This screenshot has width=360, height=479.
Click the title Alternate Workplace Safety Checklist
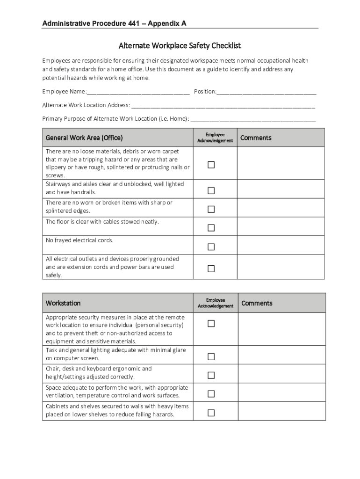(180, 46)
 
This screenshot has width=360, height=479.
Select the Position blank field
(266, 92)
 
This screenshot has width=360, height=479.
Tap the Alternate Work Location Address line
(223, 105)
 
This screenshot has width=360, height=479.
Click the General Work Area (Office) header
(84, 138)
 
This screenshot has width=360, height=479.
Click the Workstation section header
(63, 303)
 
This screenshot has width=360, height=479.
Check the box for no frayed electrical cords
(211, 247)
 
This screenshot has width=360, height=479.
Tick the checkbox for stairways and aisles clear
(211, 190)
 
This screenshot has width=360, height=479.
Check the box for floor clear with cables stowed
(211, 228)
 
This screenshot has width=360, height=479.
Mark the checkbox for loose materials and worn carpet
(211, 165)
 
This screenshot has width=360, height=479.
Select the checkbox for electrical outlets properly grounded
(211, 269)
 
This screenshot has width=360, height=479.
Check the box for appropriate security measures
(211, 324)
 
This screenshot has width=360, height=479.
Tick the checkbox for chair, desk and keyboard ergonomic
(211, 375)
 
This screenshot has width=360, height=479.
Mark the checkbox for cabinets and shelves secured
(211, 413)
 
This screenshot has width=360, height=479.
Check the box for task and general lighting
(211, 357)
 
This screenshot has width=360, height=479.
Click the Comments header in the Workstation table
(257, 303)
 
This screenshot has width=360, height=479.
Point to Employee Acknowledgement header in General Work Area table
(215, 138)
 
